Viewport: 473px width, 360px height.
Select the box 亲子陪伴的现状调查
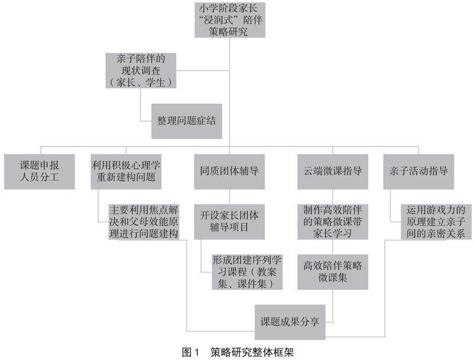point(140,70)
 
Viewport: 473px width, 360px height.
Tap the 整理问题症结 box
point(186,121)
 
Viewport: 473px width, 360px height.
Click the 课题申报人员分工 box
point(40,171)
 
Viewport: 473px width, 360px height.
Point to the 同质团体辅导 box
point(229,171)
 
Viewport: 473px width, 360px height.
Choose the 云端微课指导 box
point(332,171)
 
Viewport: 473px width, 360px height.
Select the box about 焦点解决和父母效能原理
point(144,221)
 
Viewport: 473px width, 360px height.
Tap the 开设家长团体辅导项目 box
point(229,221)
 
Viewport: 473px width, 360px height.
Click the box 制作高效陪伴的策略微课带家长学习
point(332,221)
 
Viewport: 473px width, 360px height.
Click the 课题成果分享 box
point(291,322)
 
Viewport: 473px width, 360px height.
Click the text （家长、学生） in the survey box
point(140,83)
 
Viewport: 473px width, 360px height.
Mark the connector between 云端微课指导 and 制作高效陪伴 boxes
point(332,197)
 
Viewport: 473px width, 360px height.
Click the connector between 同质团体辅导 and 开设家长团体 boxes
point(229,197)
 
